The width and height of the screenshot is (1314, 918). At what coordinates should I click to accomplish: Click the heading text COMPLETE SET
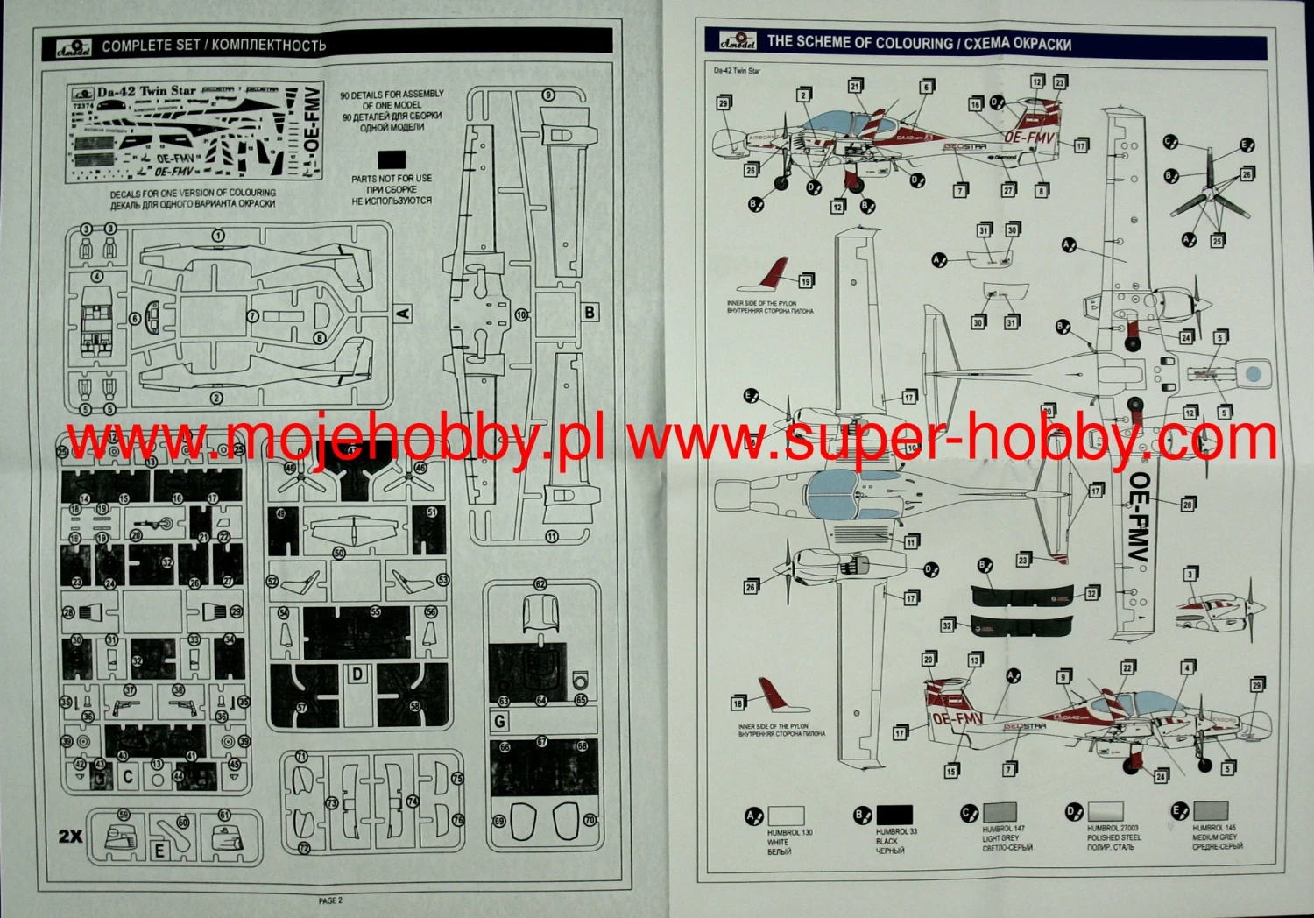pos(151,46)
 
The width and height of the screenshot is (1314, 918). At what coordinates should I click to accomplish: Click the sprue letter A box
pos(403,313)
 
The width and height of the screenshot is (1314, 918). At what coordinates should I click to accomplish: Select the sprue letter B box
pos(590,313)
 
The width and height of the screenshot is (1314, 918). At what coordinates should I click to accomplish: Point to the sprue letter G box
pos(500,721)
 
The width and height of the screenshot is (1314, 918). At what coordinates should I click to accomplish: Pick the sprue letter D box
pos(357,674)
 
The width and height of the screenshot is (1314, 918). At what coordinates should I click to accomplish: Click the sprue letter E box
pos(159,850)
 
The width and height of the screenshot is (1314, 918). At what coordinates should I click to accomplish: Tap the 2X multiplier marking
pos(70,836)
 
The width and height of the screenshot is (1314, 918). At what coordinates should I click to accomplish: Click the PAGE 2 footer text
pos(330,900)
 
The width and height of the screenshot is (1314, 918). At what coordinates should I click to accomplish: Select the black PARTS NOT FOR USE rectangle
pos(391,160)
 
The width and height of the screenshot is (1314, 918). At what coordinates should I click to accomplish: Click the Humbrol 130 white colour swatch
pos(786,816)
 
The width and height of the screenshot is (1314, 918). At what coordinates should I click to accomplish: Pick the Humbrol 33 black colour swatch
pos(894,815)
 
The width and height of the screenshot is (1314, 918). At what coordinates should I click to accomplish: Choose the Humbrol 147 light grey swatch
pos(1000,812)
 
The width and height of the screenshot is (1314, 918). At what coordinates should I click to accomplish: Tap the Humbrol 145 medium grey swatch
pos(1210,811)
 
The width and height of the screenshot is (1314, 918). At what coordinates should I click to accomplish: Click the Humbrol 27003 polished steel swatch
pos(1105,812)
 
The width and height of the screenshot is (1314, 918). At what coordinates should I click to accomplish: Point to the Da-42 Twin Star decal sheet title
pos(146,91)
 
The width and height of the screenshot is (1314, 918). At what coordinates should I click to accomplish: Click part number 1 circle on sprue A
pos(217,235)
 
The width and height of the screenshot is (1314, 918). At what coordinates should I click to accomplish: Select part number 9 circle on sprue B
pos(548,95)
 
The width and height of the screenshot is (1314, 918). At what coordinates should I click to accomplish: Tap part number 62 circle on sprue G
pos(540,584)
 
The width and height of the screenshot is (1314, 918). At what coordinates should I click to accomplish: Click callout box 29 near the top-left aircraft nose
pos(724,103)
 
